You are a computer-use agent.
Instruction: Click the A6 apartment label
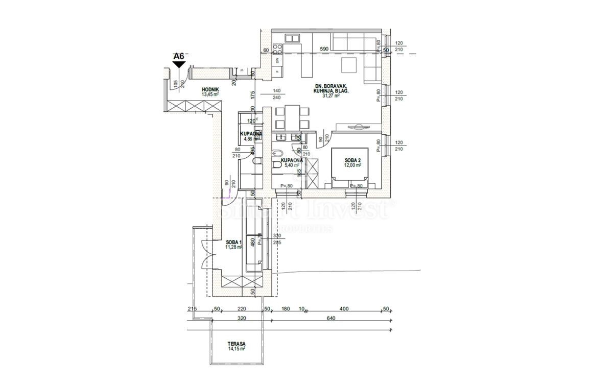click(x=178, y=56)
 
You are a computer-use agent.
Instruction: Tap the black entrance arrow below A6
click(x=178, y=64)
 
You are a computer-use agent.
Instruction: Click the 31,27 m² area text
click(x=331, y=95)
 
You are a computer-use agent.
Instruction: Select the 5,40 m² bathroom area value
click(x=293, y=165)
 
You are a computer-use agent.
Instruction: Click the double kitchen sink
click(x=292, y=38)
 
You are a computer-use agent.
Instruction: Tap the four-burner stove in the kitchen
click(x=278, y=49)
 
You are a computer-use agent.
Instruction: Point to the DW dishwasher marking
click(x=277, y=60)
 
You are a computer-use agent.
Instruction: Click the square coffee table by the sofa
click(x=350, y=66)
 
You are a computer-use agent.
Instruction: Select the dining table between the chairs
click(x=292, y=117)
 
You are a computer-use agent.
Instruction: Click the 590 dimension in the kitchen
click(x=324, y=49)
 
